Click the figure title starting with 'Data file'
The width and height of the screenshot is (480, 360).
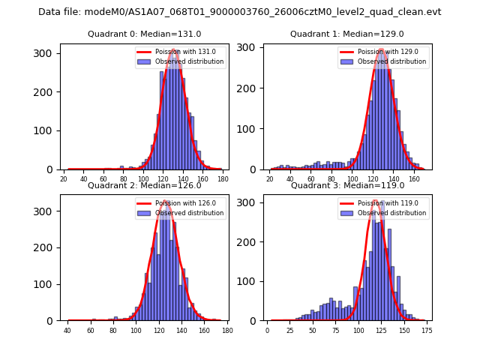(x=239, y=12)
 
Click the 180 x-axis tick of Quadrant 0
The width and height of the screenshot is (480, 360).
(x=222, y=179)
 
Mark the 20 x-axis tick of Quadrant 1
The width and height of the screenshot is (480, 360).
(x=269, y=179)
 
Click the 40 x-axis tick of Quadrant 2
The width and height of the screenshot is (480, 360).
(x=67, y=331)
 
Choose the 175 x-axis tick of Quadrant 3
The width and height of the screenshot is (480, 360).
(x=427, y=331)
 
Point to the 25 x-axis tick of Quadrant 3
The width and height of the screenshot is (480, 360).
(x=290, y=331)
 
